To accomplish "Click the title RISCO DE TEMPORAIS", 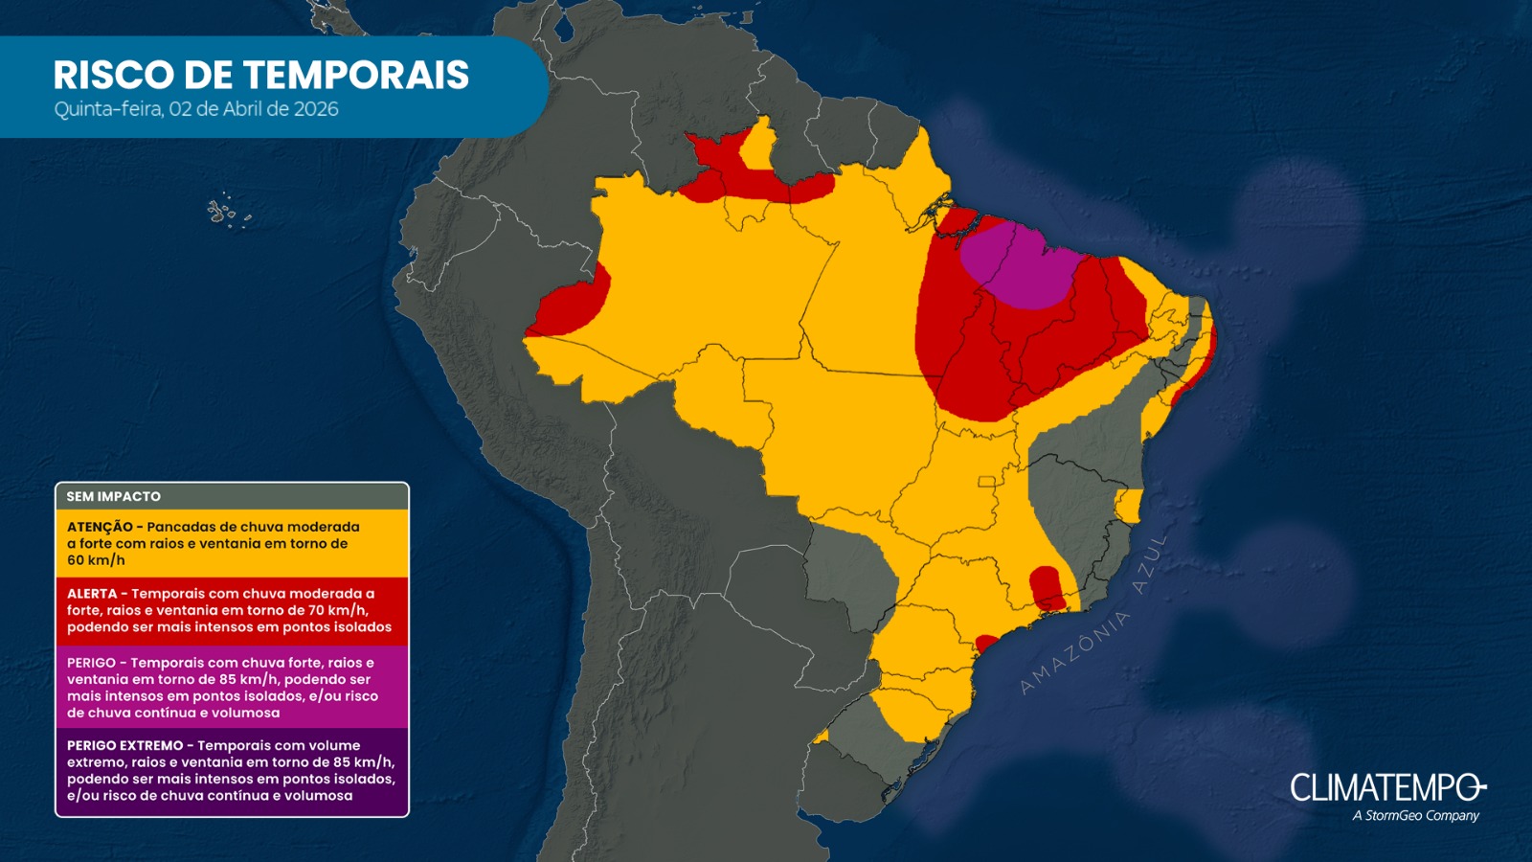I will pyautogui.click(x=260, y=75).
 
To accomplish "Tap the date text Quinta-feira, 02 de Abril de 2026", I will pyautogui.click(x=196, y=109).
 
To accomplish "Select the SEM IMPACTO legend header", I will pyautogui.click(x=114, y=496).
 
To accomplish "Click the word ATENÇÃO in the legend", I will pyautogui.click(x=100, y=527).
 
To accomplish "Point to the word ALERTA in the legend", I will pyautogui.click(x=92, y=594).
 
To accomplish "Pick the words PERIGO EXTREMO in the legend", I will pyautogui.click(x=124, y=745).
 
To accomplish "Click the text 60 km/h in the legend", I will pyautogui.click(x=96, y=560).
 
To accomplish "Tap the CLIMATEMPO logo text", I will pyautogui.click(x=1386, y=788).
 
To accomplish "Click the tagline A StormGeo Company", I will pyautogui.click(x=1415, y=816).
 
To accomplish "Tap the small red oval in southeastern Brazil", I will pyautogui.click(x=1046, y=587).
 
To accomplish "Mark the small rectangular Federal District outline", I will pyautogui.click(x=986, y=482).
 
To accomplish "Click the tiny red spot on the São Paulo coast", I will pyautogui.click(x=986, y=643).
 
